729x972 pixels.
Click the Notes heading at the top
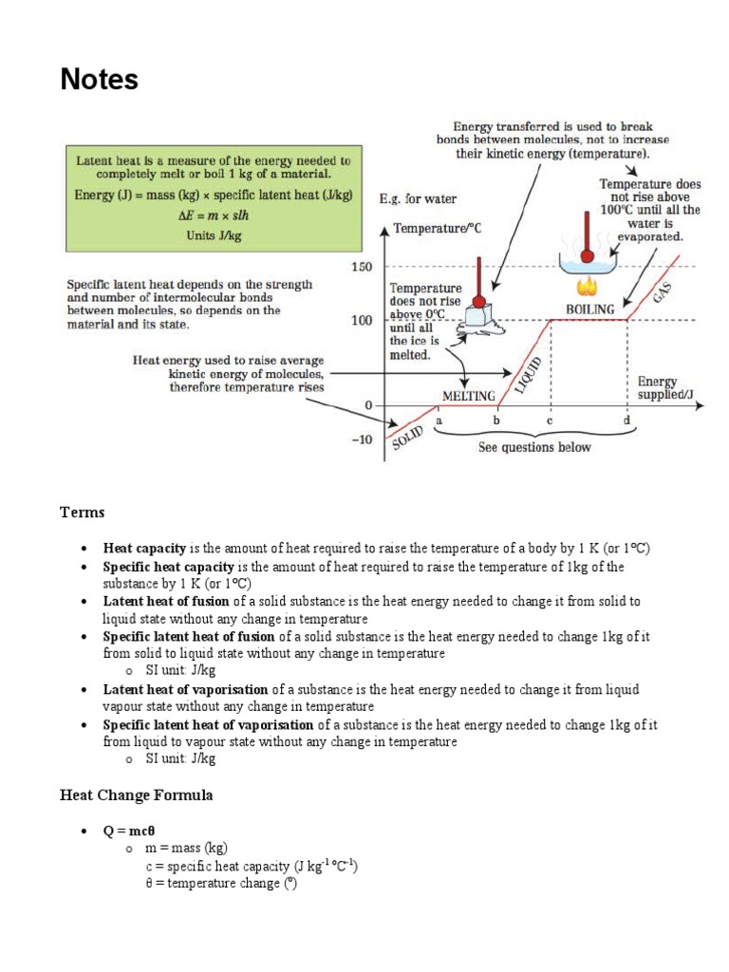point(100,80)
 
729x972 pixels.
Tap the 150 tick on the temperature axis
point(362,267)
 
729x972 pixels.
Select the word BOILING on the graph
point(590,308)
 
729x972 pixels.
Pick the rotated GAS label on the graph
point(663,291)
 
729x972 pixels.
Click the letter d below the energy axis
point(626,419)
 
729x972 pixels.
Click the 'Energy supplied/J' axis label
point(657,387)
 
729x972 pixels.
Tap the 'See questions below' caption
point(534,447)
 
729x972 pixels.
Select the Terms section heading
point(83,513)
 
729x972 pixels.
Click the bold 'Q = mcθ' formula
point(128,831)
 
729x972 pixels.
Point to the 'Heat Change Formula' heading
point(137,794)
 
